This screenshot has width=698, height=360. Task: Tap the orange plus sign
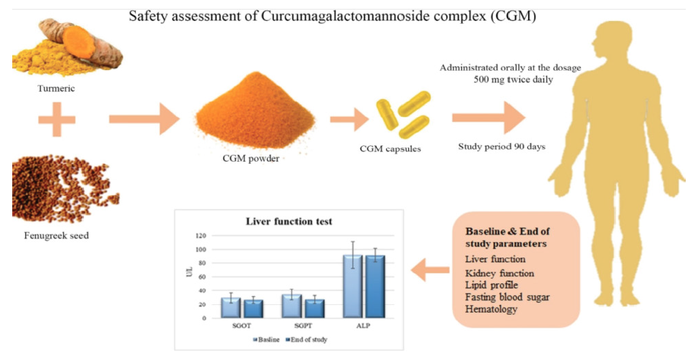pos(57,121)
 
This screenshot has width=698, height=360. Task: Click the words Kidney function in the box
pos(500,272)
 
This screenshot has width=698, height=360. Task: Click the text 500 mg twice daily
pos(509,79)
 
